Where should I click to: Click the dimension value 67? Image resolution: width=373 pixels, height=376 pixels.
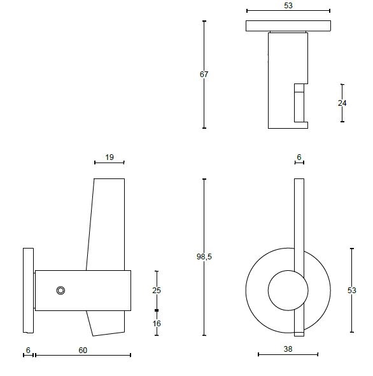[204, 75]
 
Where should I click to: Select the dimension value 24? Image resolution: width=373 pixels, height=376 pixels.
[342, 103]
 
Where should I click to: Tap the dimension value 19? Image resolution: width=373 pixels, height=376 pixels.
[109, 156]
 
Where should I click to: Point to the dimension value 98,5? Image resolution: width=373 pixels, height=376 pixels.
[204, 256]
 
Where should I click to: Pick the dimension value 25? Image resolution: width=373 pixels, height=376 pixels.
[157, 290]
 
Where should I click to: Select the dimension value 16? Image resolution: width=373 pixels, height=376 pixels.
[157, 323]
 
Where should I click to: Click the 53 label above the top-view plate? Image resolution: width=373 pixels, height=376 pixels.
[288, 5]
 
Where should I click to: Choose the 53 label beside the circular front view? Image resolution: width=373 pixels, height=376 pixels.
[352, 290]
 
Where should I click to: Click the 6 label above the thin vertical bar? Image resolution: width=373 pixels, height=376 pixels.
[299, 156]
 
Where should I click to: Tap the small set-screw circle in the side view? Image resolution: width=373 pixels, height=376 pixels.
[60, 291]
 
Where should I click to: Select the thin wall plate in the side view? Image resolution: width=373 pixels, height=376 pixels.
[28, 291]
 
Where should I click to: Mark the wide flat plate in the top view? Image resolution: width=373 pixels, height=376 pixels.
[288, 26]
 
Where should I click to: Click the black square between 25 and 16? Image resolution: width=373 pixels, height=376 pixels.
[157, 310]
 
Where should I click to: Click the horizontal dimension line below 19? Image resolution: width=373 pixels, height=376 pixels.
[109, 163]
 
